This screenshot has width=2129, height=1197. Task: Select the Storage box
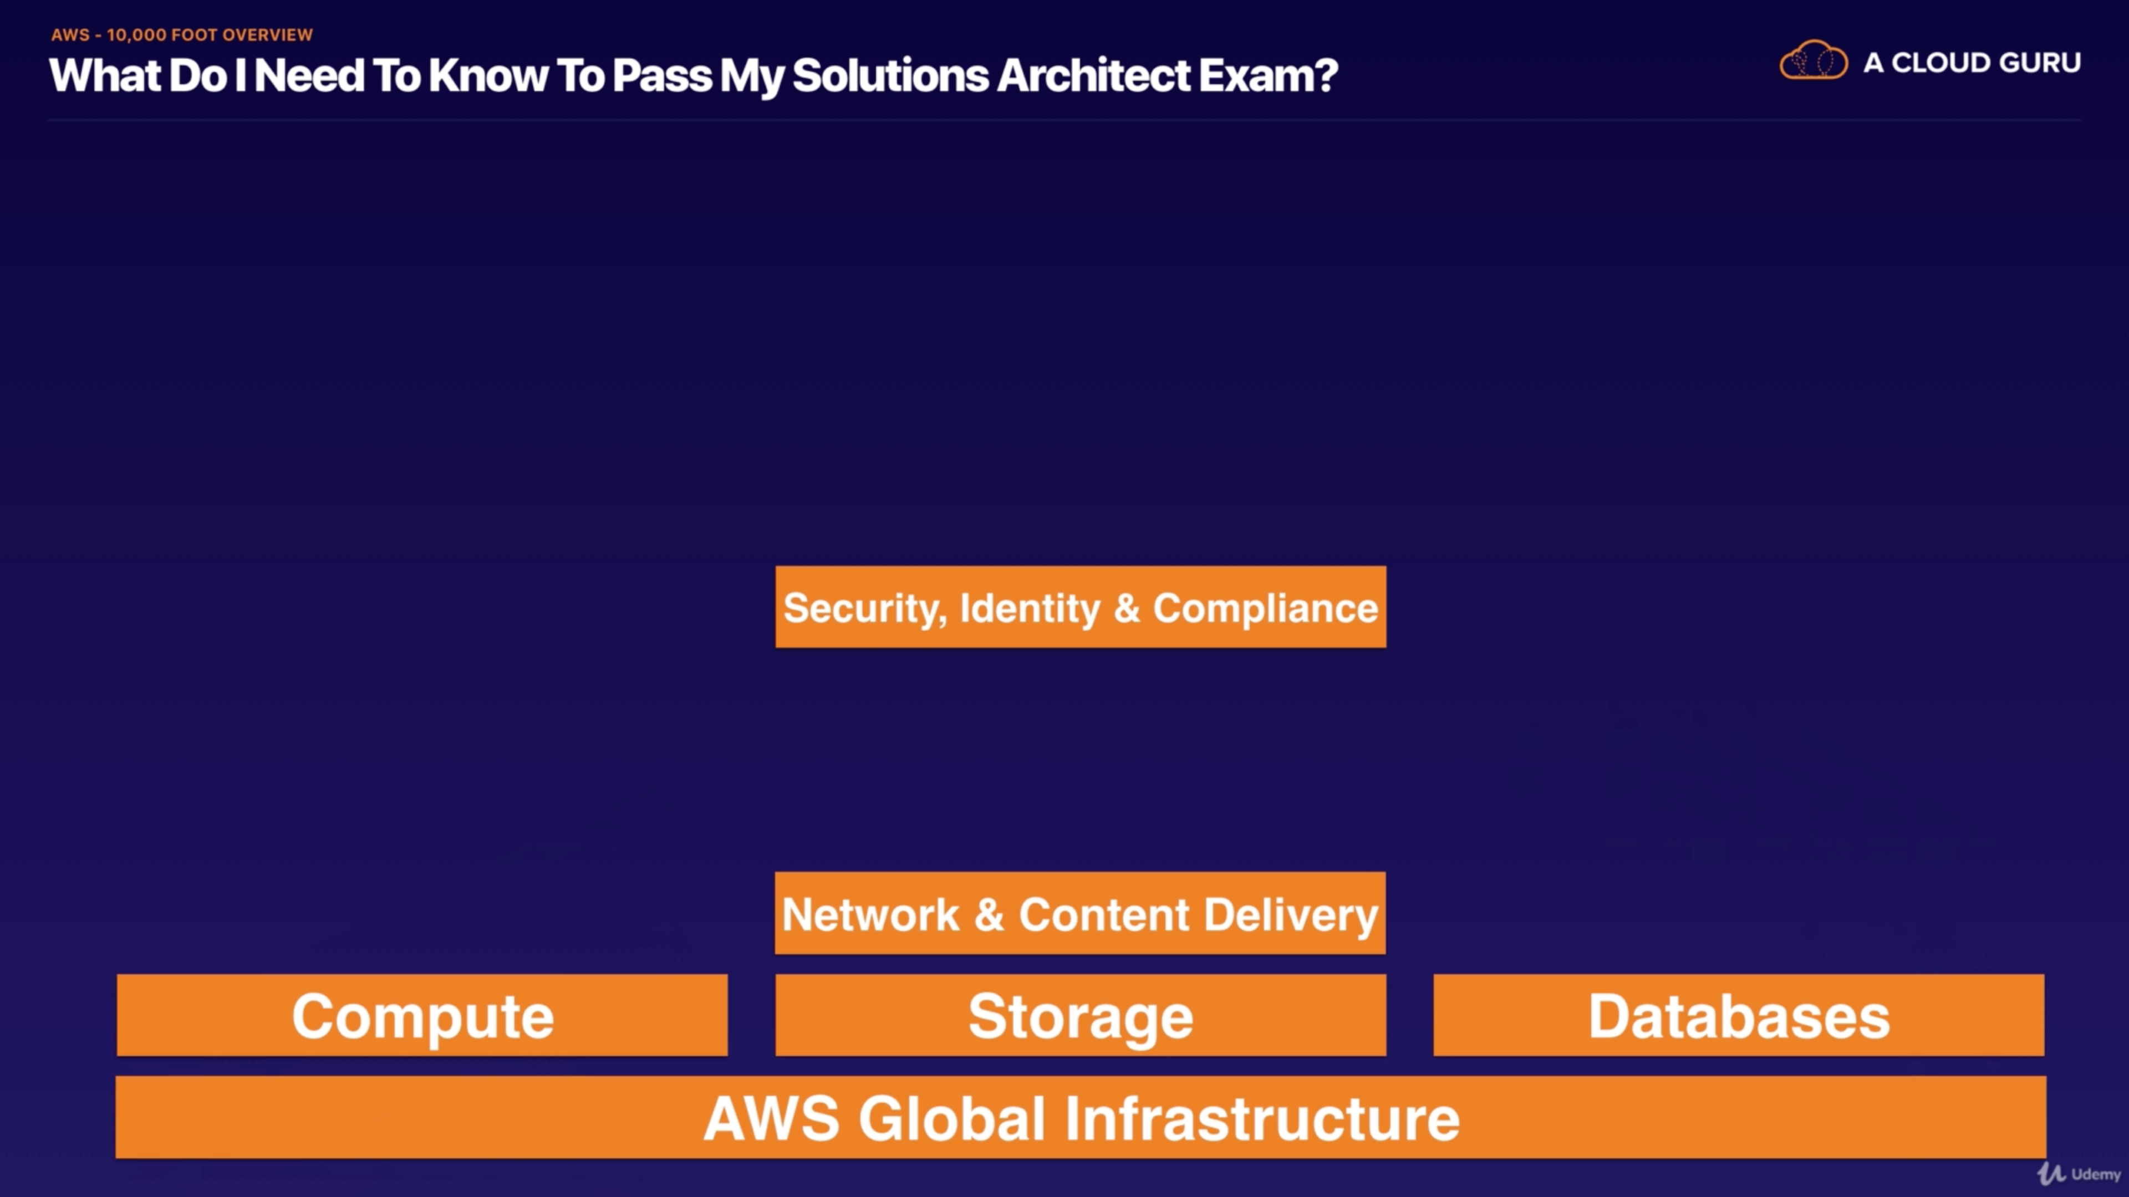1080,1015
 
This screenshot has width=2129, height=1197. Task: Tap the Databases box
1738,1015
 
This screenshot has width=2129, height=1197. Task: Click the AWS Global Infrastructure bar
1080,1118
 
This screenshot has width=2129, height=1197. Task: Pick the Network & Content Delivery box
1080,914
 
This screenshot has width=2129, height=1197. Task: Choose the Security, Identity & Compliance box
1080,608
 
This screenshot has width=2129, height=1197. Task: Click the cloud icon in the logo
1814,60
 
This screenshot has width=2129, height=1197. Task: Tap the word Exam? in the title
1268,76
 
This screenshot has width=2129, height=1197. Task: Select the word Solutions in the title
890,76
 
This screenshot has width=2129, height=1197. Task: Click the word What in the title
105,76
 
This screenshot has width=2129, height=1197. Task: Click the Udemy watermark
2080,1174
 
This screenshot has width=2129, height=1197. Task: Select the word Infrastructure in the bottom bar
1262,1118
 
